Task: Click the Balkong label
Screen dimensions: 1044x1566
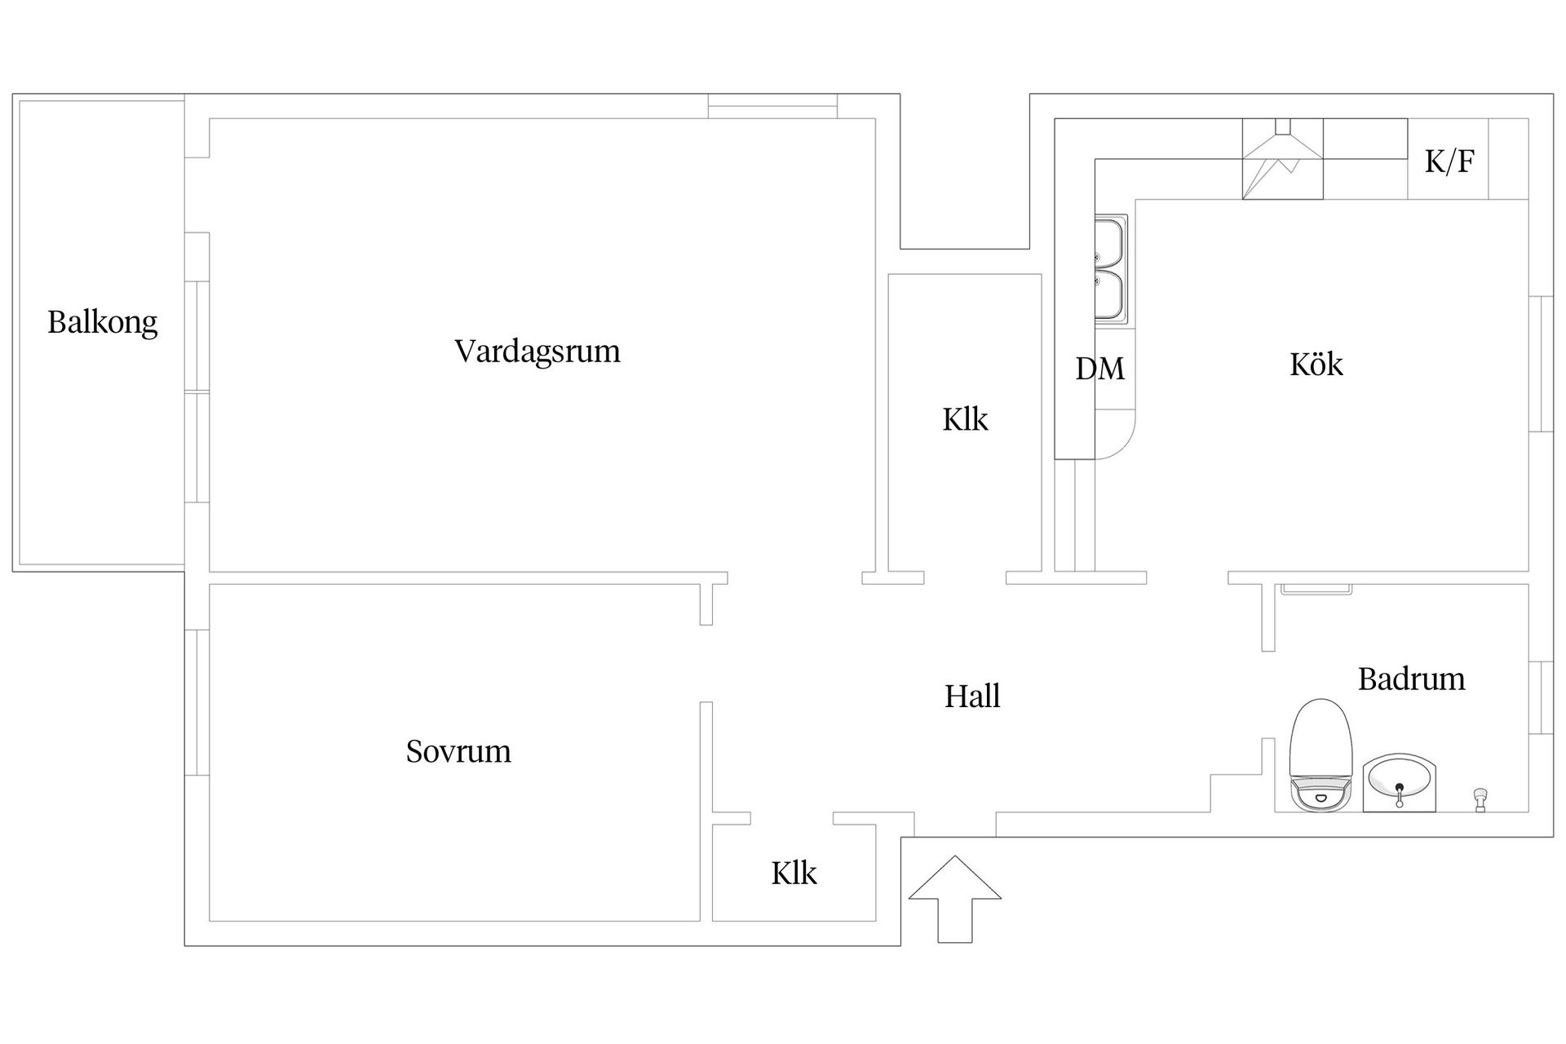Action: point(102,322)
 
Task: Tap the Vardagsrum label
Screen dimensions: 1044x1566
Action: point(537,352)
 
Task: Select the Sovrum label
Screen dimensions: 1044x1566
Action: point(458,751)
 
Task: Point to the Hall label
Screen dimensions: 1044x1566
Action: point(972,697)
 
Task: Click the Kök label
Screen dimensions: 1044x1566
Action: point(1316,364)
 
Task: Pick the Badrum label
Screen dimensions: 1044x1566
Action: point(1411,679)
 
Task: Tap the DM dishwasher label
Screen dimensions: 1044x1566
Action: point(1099,369)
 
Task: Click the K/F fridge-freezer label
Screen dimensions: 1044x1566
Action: point(1449,161)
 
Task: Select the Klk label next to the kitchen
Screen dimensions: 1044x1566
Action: point(965,419)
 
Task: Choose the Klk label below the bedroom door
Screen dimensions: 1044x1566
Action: point(794,874)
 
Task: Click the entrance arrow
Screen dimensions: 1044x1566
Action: point(955,897)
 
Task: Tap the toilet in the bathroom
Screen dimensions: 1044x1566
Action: point(1321,754)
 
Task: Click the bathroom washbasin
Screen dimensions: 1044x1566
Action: point(1399,782)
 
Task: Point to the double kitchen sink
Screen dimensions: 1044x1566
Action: point(1109,269)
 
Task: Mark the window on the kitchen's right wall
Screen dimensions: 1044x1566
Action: point(1540,363)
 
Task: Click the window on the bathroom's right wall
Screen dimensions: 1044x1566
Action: point(1540,697)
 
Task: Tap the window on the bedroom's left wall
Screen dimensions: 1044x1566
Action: point(197,702)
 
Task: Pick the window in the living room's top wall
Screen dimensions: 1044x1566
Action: point(772,107)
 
